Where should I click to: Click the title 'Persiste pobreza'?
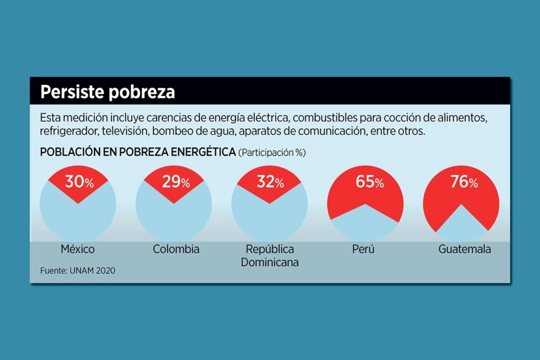(107, 92)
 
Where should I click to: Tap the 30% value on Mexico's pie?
(79, 182)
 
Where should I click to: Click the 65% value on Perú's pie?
(370, 182)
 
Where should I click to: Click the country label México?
(77, 249)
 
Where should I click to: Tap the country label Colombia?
(176, 249)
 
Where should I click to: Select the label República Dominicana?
(269, 255)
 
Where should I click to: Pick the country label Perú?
(363, 249)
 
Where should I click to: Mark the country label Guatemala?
(465, 249)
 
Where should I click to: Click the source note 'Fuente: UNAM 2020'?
(78, 271)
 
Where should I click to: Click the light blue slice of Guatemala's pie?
(461, 225)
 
